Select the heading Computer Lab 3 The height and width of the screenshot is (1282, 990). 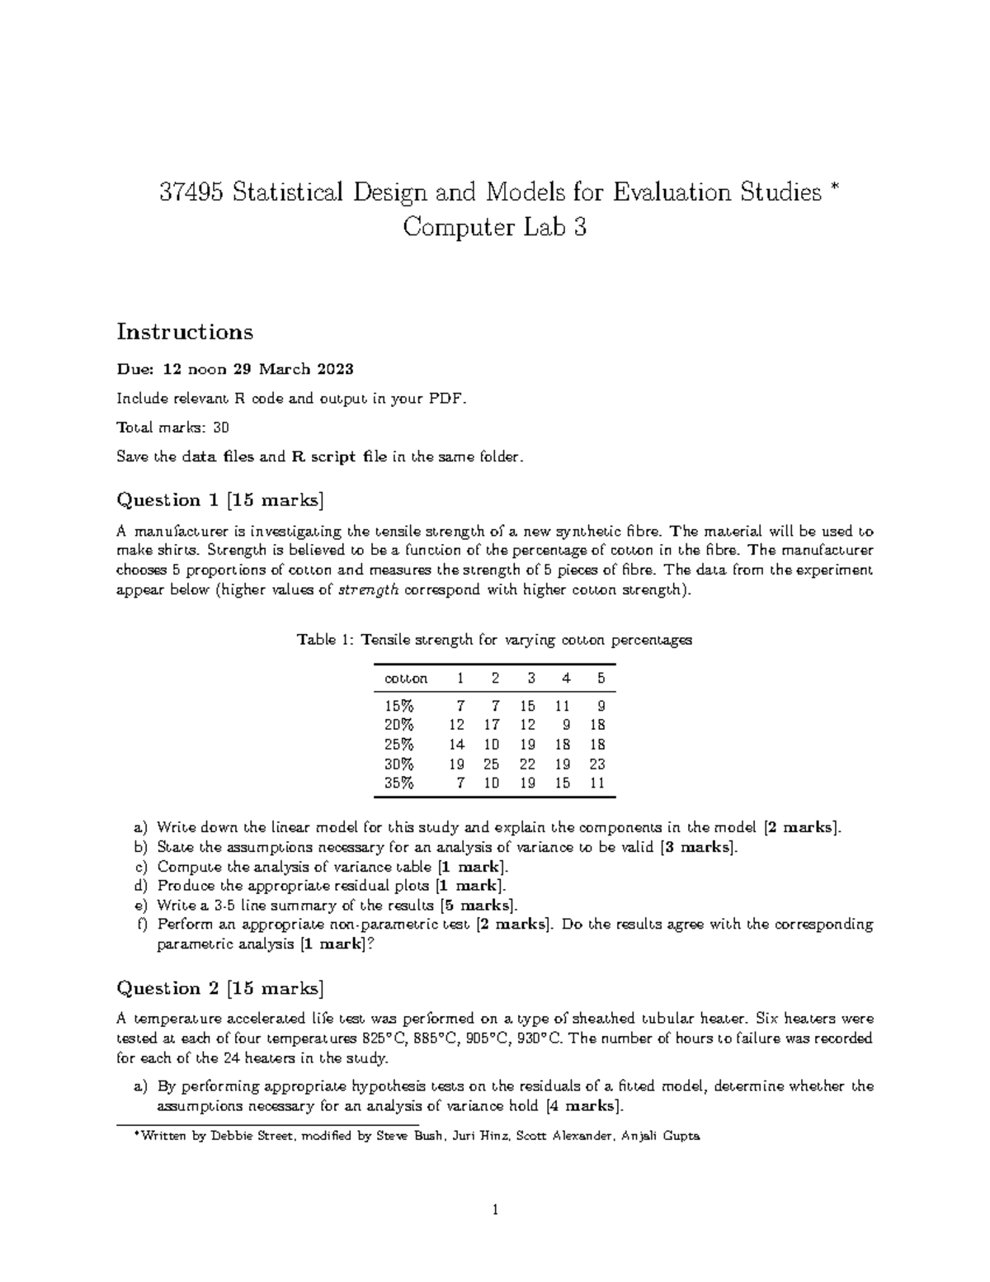(x=494, y=227)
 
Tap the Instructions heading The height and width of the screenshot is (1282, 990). (x=185, y=332)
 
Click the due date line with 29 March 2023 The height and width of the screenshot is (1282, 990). (x=236, y=369)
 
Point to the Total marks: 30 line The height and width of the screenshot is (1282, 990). (x=173, y=428)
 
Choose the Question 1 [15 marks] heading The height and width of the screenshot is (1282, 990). (x=220, y=499)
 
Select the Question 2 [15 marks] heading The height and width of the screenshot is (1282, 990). (x=220, y=988)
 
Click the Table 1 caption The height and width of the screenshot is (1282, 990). (x=494, y=640)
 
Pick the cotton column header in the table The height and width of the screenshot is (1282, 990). (x=406, y=679)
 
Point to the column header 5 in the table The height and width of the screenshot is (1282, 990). (x=601, y=679)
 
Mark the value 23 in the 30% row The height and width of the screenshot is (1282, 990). (x=597, y=764)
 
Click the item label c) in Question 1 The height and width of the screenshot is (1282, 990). (x=139, y=867)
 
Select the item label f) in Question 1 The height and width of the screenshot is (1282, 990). (x=140, y=925)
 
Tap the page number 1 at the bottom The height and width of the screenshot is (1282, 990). (x=494, y=1211)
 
